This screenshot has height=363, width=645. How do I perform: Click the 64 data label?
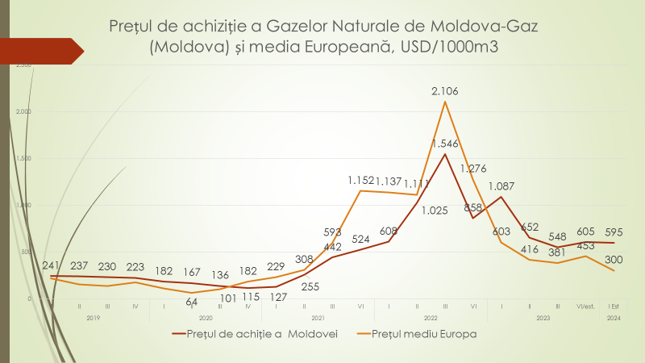(x=192, y=302)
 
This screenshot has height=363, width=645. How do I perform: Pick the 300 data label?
(x=615, y=260)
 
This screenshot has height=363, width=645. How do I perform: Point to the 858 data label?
(x=474, y=207)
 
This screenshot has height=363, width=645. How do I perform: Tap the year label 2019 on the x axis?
(x=94, y=318)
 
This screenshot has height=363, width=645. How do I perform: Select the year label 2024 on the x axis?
(x=614, y=318)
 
